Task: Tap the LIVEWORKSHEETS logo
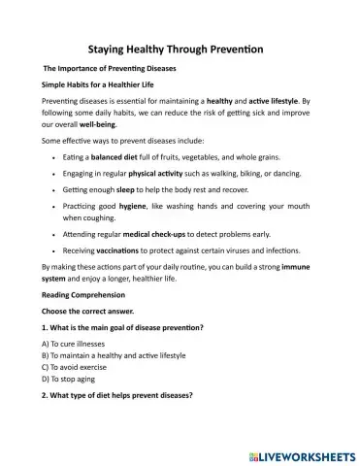(305, 452)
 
